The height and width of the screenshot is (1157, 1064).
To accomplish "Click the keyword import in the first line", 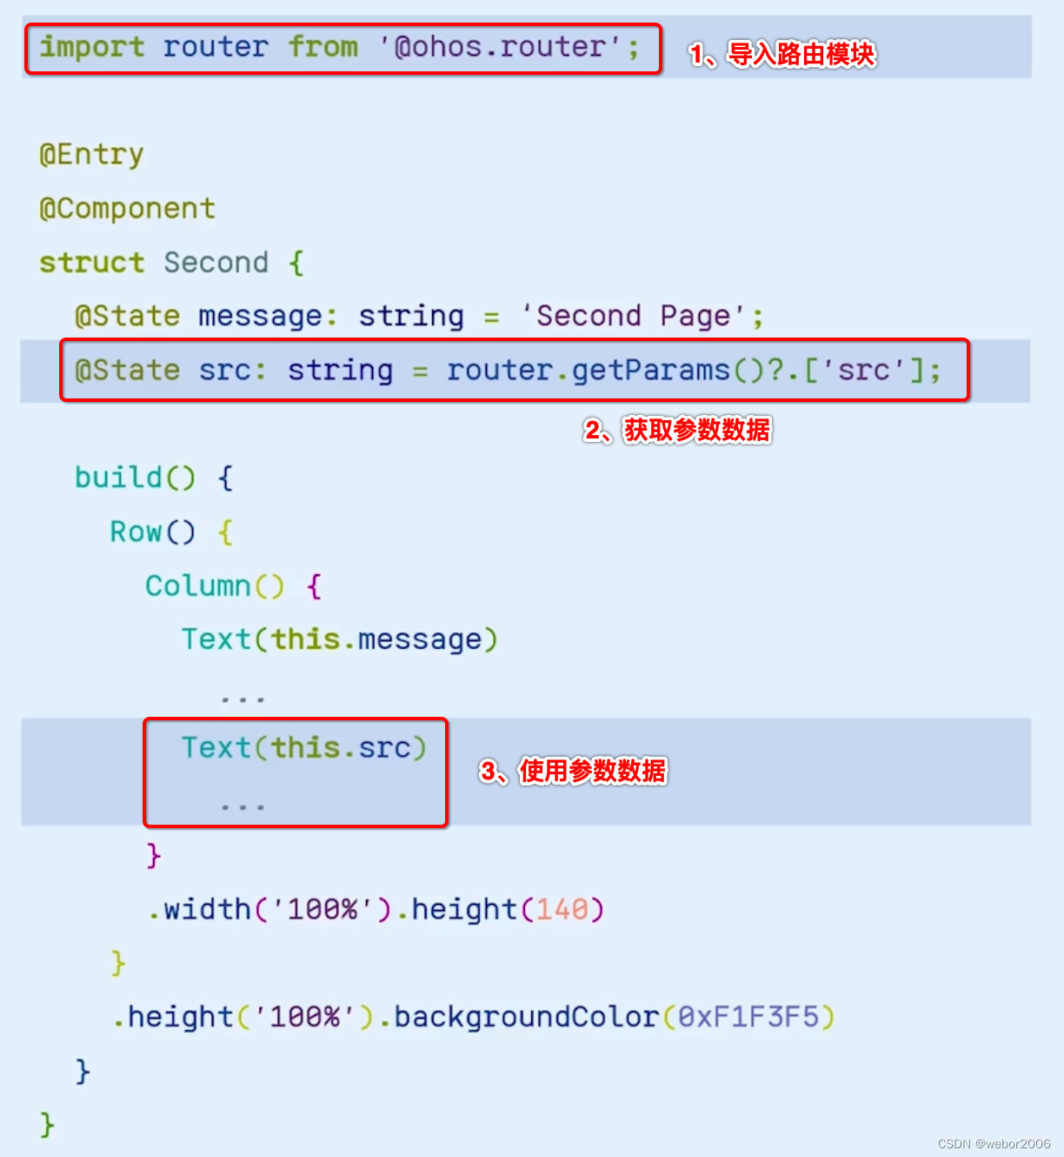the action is click(92, 47).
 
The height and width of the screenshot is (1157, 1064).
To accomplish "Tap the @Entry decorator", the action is click(91, 155).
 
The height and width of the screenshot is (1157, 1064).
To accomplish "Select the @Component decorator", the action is click(127, 209).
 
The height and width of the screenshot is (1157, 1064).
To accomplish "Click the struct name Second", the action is click(216, 263).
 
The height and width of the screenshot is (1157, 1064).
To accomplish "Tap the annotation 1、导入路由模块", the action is click(782, 54).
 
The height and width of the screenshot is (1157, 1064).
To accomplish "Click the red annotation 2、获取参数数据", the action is click(678, 430).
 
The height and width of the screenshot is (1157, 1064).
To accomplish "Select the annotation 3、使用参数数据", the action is click(574, 771).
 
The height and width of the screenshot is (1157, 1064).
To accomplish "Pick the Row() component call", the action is click(152, 532).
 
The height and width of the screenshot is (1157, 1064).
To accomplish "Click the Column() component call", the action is click(214, 586).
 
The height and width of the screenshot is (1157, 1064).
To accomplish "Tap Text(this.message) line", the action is click(339, 640).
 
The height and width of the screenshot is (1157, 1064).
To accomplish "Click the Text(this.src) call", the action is click(303, 748).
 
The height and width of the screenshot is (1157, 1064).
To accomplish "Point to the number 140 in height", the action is click(562, 910).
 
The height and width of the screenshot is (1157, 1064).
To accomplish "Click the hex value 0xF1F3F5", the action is click(748, 1017).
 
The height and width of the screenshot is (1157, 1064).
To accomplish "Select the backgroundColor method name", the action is click(527, 1017).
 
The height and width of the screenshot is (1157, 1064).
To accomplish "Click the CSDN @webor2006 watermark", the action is click(994, 1143).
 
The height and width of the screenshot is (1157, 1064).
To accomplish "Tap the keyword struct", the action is click(91, 263).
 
